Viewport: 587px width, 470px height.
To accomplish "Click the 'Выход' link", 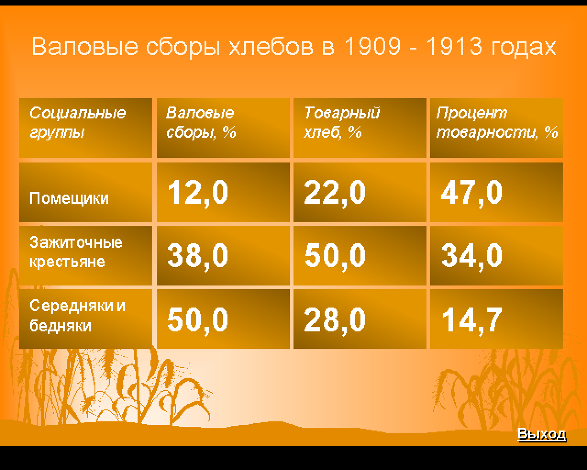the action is point(542,434).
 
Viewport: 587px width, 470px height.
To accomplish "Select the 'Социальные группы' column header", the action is point(78,123).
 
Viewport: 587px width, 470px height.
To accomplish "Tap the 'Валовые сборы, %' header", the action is point(201,123).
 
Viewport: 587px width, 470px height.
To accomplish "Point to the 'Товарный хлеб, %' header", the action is point(342,123).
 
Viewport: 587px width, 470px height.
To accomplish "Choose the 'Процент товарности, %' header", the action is point(497,123).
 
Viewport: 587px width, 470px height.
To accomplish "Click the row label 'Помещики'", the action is point(69,198).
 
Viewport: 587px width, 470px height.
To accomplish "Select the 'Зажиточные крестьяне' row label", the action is point(76,252).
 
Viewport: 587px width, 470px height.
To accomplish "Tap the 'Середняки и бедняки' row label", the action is point(77,316).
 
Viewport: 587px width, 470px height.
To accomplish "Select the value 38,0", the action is point(198,257).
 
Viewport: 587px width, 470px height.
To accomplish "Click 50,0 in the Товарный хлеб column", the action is point(335,257).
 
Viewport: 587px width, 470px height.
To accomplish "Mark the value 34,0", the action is point(471,257).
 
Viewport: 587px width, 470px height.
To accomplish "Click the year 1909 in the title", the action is point(372,46).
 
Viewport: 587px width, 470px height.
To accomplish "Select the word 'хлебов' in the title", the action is point(271,46).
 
